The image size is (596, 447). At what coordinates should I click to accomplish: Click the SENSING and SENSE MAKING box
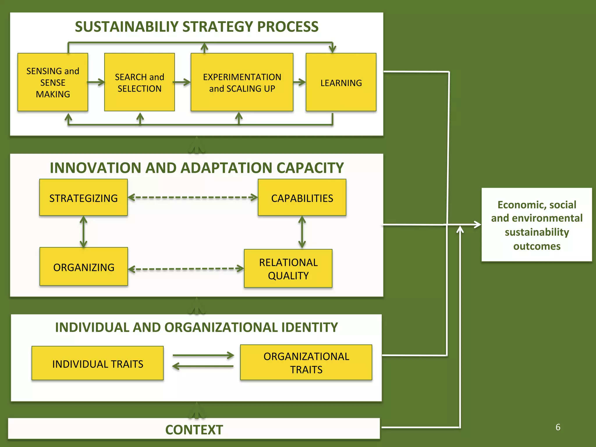tap(53, 82)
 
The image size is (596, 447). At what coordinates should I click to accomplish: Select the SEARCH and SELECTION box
tap(139, 82)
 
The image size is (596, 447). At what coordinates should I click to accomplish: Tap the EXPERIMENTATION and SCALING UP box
tap(242, 82)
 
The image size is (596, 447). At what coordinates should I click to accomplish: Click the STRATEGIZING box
tap(84, 198)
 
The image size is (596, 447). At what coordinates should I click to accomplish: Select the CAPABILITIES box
tap(302, 198)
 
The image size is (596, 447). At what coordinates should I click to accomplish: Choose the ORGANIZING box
tap(84, 267)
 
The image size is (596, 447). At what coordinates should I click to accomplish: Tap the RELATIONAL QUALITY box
tap(288, 268)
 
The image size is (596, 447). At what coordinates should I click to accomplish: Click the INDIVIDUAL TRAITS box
tap(97, 363)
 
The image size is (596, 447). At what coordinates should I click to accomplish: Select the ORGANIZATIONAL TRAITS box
tap(306, 363)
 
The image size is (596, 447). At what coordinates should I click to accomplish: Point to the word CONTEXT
tap(194, 430)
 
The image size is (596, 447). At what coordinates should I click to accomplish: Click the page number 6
tap(558, 427)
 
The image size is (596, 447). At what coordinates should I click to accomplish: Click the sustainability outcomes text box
tap(537, 225)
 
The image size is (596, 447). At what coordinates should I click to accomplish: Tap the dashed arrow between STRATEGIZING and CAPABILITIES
tap(193, 198)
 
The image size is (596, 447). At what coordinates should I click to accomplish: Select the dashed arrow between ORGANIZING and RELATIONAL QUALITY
tap(186, 269)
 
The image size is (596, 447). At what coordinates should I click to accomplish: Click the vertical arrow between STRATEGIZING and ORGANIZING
tap(84, 232)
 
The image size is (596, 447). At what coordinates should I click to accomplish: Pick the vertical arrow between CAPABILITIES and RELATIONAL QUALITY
tap(302, 232)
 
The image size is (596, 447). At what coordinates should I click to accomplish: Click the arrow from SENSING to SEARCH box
tap(96, 82)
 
